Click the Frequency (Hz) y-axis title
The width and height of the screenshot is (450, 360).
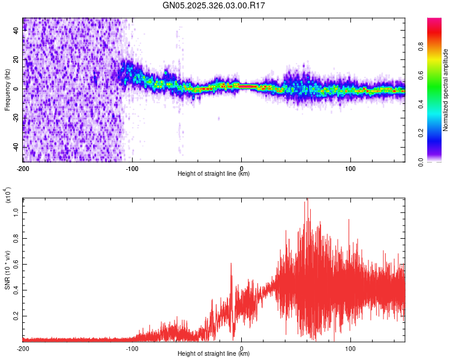(7, 89)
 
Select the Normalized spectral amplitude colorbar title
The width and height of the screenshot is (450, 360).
(446, 90)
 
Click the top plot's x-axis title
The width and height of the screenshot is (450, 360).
(214, 174)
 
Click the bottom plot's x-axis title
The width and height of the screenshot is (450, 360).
(214, 353)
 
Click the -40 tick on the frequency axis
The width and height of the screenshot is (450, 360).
(16, 147)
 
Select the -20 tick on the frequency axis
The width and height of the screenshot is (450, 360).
(16, 118)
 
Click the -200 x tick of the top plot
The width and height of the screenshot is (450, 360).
(23, 167)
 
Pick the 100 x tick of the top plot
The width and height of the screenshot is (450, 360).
(350, 167)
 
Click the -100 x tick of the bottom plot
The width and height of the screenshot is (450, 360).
(132, 347)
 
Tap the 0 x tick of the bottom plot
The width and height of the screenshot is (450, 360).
(241, 347)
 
